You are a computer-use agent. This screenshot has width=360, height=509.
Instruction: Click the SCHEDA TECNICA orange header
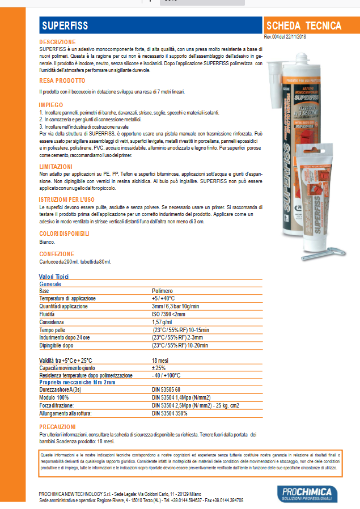(304, 26)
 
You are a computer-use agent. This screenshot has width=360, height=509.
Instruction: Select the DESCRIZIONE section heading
(57, 43)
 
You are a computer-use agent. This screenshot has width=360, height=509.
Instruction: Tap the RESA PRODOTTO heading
(62, 81)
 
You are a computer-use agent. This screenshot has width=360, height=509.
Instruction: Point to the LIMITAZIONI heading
(56, 166)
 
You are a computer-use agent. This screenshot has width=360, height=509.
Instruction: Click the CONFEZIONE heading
(57, 254)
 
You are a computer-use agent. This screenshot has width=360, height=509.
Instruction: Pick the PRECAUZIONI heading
(58, 426)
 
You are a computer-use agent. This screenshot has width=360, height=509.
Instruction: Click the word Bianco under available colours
(48, 242)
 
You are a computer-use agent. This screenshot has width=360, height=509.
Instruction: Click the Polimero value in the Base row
(163, 291)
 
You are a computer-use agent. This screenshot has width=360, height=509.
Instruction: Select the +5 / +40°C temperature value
(163, 298)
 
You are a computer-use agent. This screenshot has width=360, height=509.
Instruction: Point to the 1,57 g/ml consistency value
(163, 322)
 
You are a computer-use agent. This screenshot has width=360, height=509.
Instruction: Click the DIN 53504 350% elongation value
(170, 414)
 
